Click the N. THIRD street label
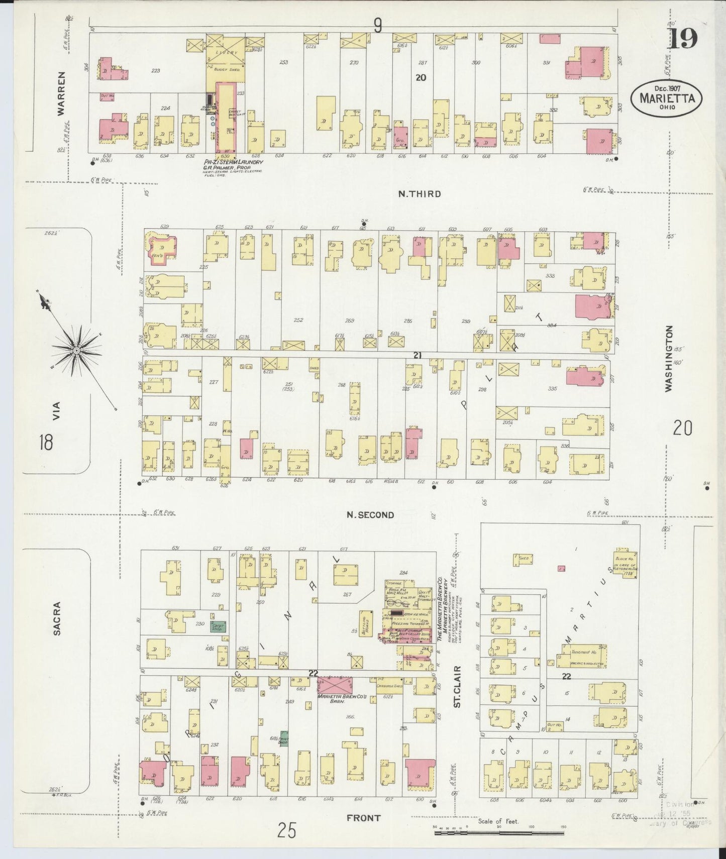(420, 194)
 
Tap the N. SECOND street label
(370, 515)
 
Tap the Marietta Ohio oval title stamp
(667, 98)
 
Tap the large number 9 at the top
(378, 25)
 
